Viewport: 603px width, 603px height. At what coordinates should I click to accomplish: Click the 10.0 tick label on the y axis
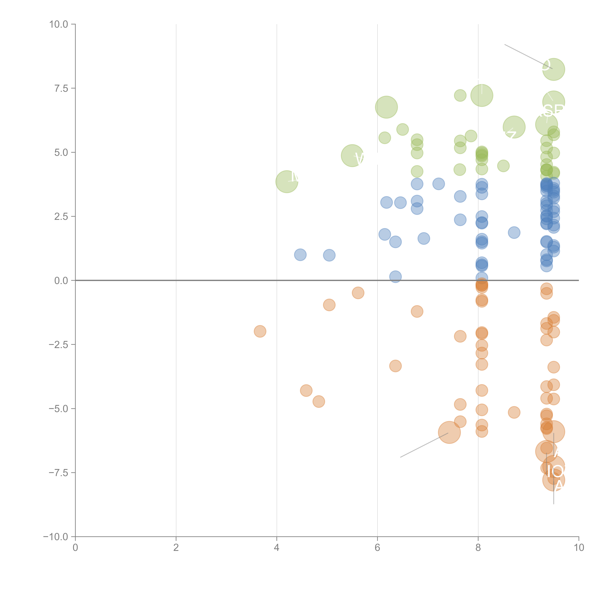click(59, 24)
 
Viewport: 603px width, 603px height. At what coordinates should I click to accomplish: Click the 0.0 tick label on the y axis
click(61, 281)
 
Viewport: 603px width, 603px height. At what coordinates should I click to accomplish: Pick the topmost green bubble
click(553, 69)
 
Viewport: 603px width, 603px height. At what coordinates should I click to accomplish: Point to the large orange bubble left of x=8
click(449, 432)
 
